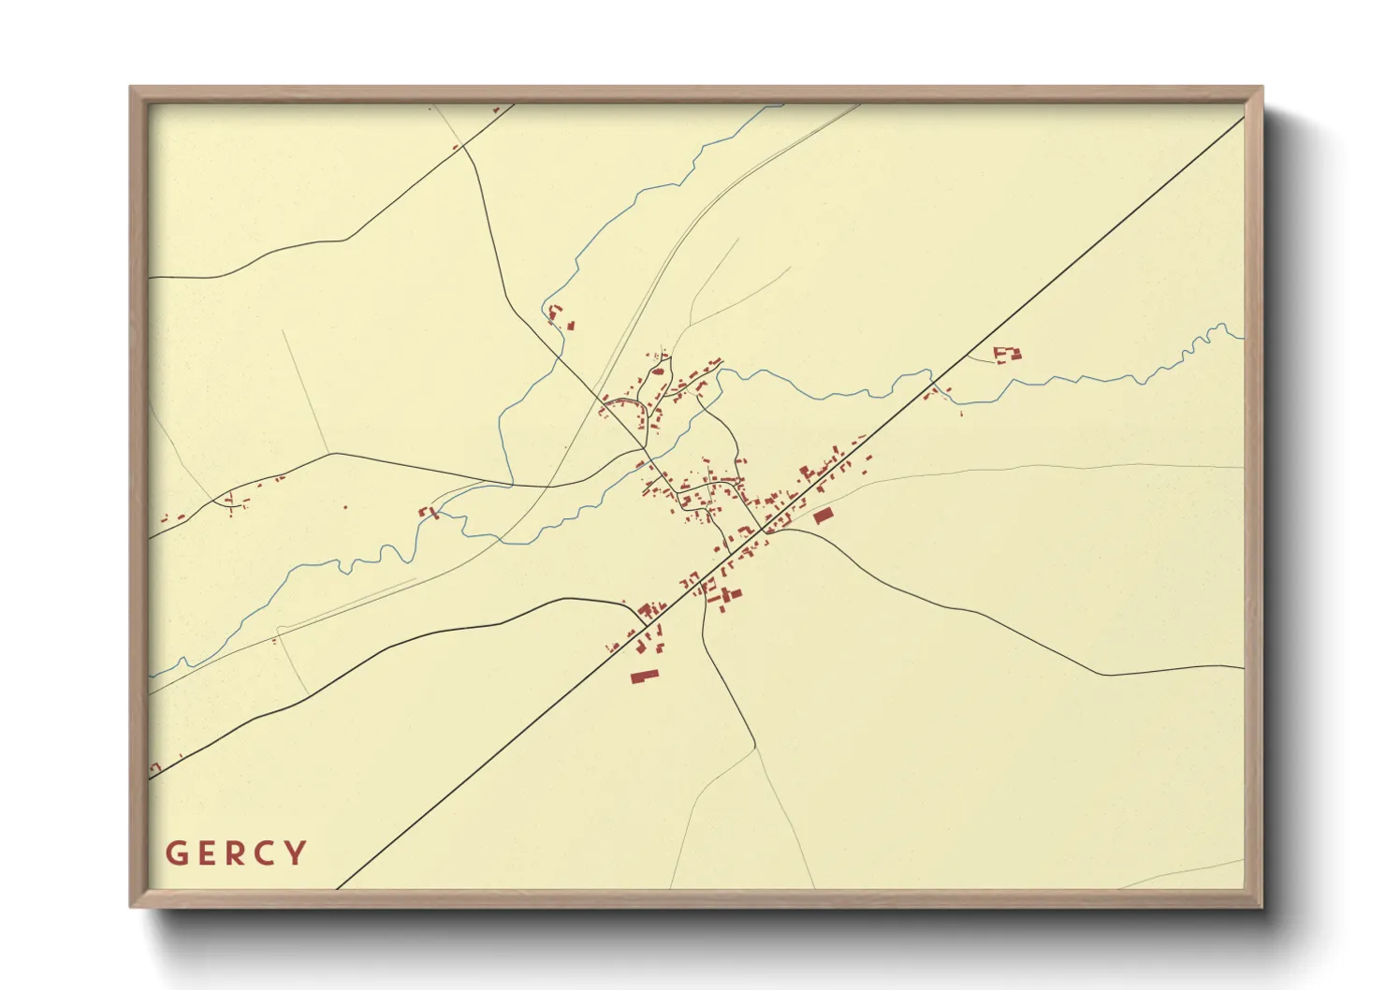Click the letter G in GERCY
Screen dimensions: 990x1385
[175, 853]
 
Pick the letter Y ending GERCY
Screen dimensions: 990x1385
[298, 853]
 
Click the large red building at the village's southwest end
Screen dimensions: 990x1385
[645, 676]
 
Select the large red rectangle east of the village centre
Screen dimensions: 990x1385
[823, 516]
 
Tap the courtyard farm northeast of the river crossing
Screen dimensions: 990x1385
[1007, 354]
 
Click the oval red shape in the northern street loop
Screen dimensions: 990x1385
[658, 371]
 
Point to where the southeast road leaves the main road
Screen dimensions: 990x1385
[769, 532]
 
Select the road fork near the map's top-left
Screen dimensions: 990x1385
[464, 148]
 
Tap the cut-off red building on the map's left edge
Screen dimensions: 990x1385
[154, 768]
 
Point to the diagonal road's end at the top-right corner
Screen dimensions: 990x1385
[1243, 118]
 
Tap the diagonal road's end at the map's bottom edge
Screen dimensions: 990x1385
[337, 887]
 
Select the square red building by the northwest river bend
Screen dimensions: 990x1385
[570, 326]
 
